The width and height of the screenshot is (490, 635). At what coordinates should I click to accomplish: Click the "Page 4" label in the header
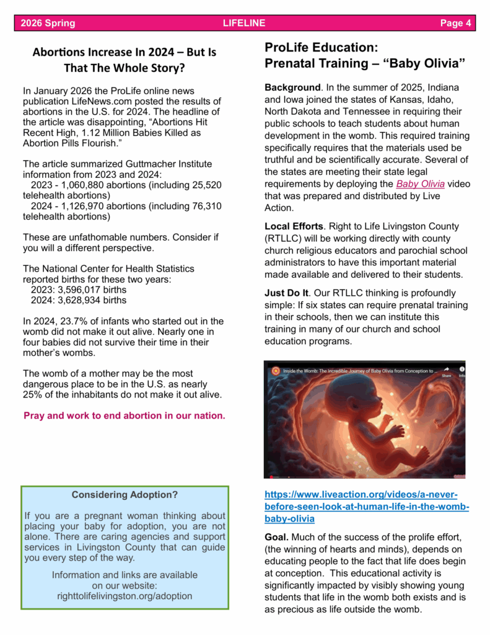point(455,24)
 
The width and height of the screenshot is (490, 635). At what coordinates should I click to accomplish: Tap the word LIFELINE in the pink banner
point(244,24)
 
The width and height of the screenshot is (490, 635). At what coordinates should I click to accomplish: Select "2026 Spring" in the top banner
point(48,24)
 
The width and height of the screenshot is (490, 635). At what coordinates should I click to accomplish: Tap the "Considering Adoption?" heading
point(125,495)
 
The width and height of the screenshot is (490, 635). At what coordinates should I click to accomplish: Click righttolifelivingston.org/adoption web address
point(125,597)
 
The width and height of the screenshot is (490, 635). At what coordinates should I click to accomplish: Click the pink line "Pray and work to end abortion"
point(125,415)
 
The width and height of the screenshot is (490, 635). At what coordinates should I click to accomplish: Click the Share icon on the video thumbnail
point(446,371)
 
